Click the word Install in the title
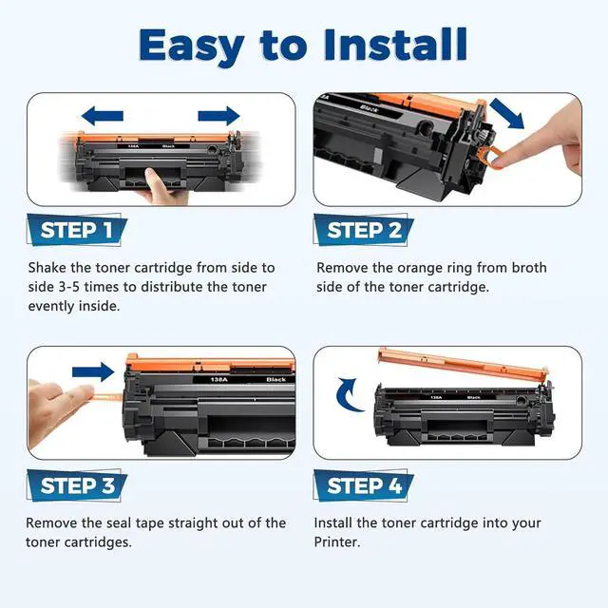[395, 45]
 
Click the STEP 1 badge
[77, 230]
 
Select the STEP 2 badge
[363, 230]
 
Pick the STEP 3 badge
[77, 485]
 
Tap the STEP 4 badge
[363, 485]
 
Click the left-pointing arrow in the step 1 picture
[103, 116]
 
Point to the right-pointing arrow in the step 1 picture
[218, 116]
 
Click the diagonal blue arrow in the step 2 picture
[507, 113]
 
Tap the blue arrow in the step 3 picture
[93, 372]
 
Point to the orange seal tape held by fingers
[107, 397]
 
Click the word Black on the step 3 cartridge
[276, 379]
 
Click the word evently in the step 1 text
[51, 306]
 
